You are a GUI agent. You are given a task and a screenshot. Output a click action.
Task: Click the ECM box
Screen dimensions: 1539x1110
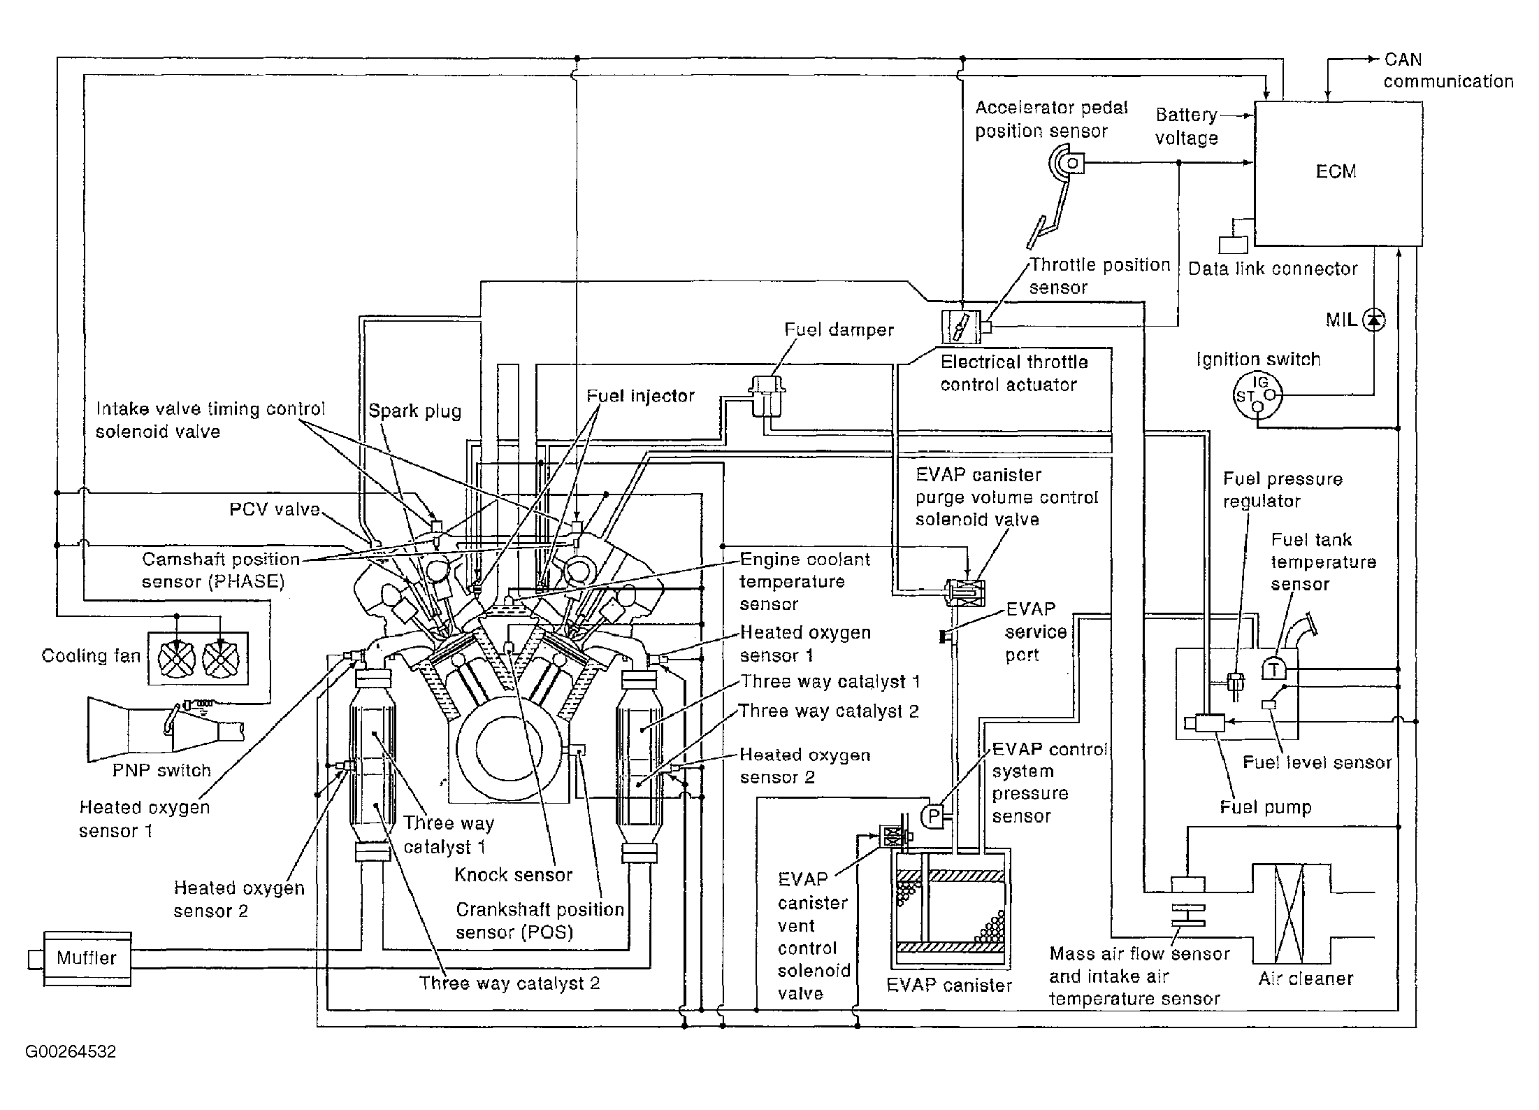1338,173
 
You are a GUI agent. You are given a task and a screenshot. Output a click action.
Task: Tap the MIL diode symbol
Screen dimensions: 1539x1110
1375,320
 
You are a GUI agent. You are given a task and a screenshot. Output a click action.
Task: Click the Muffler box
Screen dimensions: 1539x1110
87,958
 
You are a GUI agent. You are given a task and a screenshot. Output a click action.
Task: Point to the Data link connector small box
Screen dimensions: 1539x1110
1233,245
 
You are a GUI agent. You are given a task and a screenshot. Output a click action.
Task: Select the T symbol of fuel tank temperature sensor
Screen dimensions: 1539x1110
1273,669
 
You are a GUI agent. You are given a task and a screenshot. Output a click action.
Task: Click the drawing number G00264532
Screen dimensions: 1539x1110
71,1051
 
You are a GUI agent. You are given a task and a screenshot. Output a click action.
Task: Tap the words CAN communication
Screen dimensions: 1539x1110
1448,71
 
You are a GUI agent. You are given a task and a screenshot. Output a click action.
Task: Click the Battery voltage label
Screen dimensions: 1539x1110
1187,127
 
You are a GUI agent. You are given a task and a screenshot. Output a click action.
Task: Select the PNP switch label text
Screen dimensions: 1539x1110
161,770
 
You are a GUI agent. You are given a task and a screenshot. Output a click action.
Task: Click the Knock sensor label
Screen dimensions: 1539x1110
513,874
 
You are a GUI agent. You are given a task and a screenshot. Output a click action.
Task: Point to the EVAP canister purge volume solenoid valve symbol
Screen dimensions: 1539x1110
964,592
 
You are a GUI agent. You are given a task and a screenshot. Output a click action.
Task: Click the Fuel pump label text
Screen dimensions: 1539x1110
1266,807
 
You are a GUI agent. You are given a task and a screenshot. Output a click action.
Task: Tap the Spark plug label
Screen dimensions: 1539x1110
415,411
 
